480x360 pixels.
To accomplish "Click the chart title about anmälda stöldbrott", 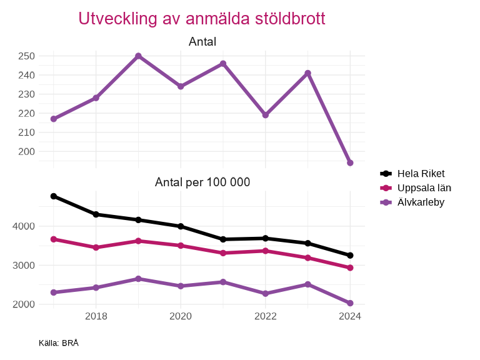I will click(x=202, y=19).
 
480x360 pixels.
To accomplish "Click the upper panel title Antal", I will click(x=202, y=42).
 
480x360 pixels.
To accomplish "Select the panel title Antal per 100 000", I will click(x=202, y=182).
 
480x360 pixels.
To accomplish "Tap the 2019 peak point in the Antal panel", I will click(x=138, y=56).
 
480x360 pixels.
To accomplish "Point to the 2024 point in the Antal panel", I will click(x=350, y=163).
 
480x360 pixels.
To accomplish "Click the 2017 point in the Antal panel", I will click(x=54, y=119).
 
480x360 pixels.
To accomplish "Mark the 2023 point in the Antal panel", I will click(x=307, y=73).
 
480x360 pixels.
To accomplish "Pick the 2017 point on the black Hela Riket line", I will click(x=54, y=196).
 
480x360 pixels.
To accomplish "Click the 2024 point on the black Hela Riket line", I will click(x=350, y=255).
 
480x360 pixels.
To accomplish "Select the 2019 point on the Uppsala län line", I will click(x=138, y=241).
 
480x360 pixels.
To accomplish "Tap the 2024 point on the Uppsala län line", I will click(x=350, y=267).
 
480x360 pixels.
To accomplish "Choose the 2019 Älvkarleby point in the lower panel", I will click(x=138, y=279).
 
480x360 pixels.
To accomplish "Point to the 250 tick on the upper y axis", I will click(x=26, y=56).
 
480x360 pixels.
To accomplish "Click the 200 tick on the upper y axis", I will click(x=26, y=152).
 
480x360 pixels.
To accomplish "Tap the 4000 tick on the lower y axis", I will click(x=23, y=226).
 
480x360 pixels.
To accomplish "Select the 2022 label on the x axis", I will click(x=265, y=316).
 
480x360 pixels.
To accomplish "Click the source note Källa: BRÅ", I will click(x=59, y=343).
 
